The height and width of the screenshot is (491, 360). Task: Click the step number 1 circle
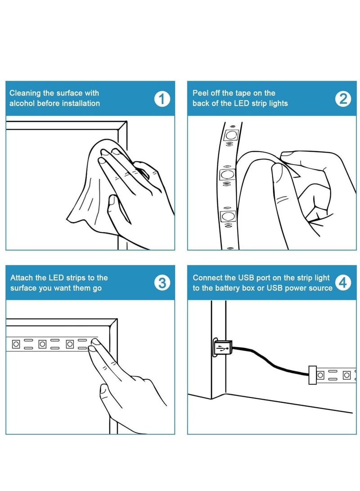162,99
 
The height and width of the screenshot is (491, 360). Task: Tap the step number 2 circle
343,99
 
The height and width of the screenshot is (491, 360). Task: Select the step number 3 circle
162,283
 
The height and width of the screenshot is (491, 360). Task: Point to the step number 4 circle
343,283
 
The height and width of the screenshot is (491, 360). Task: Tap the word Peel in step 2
200,93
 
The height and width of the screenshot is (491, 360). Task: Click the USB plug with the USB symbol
222,348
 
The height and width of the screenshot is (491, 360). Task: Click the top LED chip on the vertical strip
231,135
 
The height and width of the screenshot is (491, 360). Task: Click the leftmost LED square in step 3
16,344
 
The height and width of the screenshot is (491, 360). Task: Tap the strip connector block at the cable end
312,375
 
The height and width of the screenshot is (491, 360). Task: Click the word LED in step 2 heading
241,104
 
